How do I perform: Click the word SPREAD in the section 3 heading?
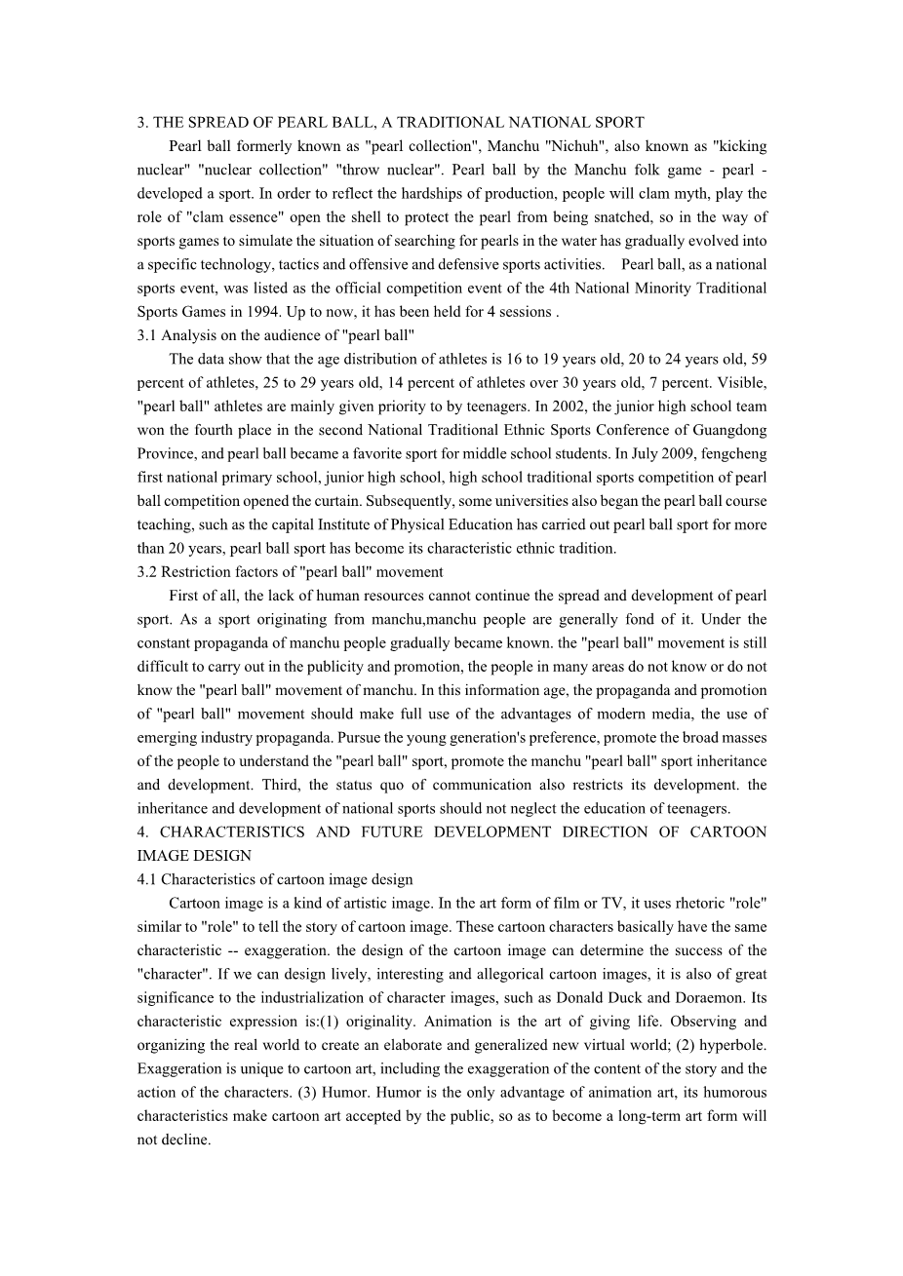point(216,123)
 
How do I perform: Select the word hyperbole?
point(731,1045)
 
